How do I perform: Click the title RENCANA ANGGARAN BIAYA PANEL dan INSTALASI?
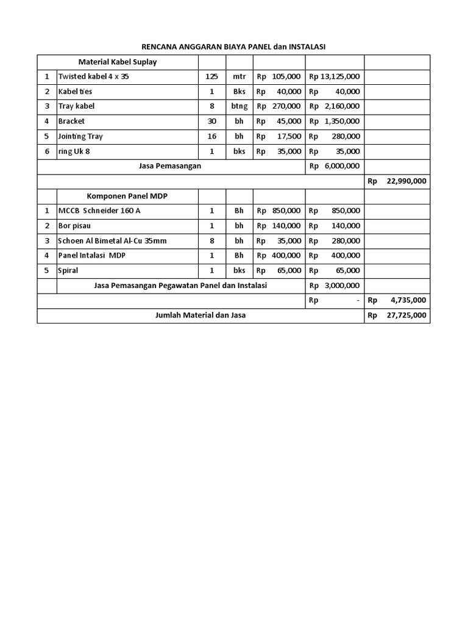pyautogui.click(x=234, y=47)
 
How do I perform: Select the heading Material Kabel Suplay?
pyautogui.click(x=118, y=62)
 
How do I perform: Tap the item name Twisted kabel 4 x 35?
pyautogui.click(x=93, y=77)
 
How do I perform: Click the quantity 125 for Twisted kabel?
pyautogui.click(x=212, y=77)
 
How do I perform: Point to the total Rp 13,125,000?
pyautogui.click(x=335, y=77)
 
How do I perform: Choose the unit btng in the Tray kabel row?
pyautogui.click(x=239, y=106)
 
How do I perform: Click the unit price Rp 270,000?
pyautogui.click(x=278, y=106)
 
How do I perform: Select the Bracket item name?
pyautogui.click(x=72, y=121)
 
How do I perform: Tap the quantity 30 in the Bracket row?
pyautogui.click(x=212, y=121)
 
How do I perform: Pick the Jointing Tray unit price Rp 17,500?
pyautogui.click(x=278, y=136)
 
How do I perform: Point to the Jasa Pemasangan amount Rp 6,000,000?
pyautogui.click(x=335, y=166)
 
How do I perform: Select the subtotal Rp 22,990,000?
pyautogui.click(x=397, y=181)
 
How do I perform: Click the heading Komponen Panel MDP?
pyautogui.click(x=127, y=196)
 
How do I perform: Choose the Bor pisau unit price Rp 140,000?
pyautogui.click(x=278, y=226)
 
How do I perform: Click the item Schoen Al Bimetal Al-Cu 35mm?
pyautogui.click(x=112, y=240)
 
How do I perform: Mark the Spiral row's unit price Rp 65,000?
pyautogui.click(x=278, y=270)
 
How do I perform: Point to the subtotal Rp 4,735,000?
pyautogui.click(x=397, y=300)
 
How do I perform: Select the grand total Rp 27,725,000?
pyautogui.click(x=397, y=316)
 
